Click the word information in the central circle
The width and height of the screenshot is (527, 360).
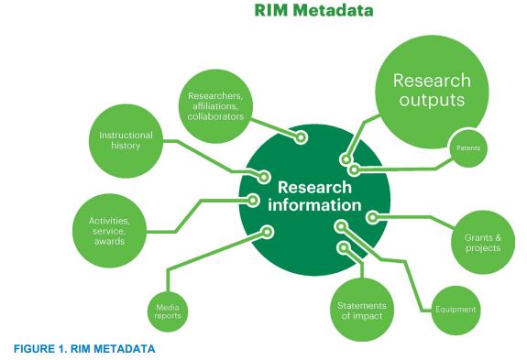[314, 202]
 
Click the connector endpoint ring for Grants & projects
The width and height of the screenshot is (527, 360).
[373, 217]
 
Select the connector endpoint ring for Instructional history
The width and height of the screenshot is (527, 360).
[265, 176]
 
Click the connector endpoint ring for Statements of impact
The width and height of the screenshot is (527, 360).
[345, 247]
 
